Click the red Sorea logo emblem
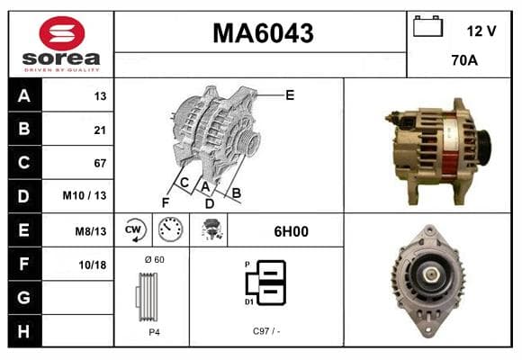pyautogui.click(x=62, y=33)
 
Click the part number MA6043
pyautogui.click(x=263, y=33)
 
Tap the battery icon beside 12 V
pyautogui.click(x=427, y=26)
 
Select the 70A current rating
pyautogui.click(x=464, y=60)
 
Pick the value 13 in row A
pyautogui.click(x=100, y=96)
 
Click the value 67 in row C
pyautogui.click(x=100, y=163)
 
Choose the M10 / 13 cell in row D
pyautogui.click(x=85, y=195)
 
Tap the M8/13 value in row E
pyautogui.click(x=91, y=231)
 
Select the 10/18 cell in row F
pyautogui.click(x=93, y=265)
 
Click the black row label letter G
pyautogui.click(x=23, y=297)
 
